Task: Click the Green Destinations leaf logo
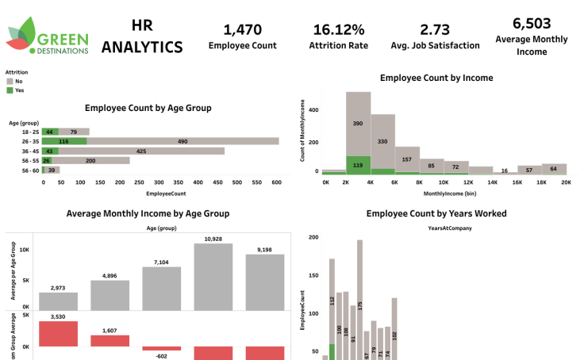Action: (21, 36)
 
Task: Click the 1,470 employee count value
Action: (242, 30)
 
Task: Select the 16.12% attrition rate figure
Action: (339, 30)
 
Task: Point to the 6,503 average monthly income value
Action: (532, 23)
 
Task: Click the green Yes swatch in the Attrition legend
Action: (10, 90)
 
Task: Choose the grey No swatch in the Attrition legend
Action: (10, 81)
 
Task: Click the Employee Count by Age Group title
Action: (148, 107)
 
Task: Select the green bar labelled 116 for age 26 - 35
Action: (63, 141)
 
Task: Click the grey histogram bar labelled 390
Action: (358, 123)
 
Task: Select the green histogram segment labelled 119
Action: (358, 165)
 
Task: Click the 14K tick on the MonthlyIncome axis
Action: (493, 182)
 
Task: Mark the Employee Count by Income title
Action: (436, 78)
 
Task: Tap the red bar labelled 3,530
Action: (59, 334)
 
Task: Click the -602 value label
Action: (161, 355)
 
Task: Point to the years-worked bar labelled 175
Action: (359, 301)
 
